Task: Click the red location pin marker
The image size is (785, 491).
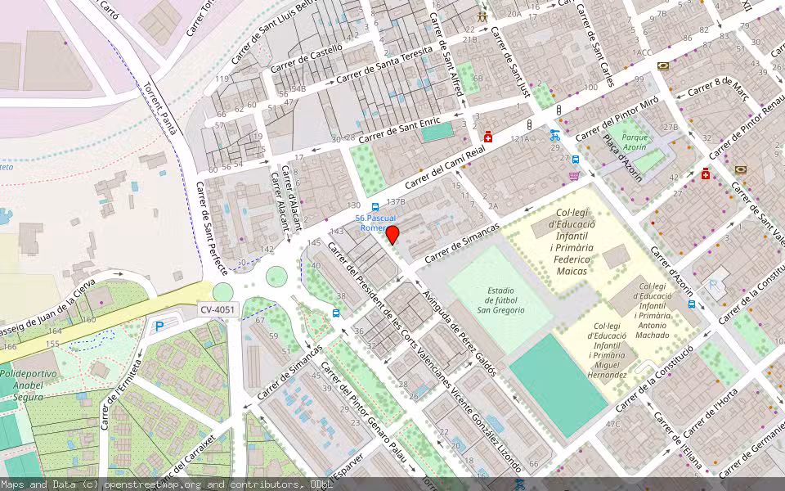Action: tap(392, 235)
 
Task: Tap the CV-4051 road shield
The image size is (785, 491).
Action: tap(218, 309)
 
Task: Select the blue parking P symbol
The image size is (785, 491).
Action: tap(159, 327)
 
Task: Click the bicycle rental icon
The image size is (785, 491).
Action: tap(555, 136)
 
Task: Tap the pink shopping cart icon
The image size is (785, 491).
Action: tap(574, 175)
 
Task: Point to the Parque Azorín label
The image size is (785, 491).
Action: tap(635, 142)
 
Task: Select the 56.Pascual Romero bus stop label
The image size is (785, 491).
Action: tap(376, 223)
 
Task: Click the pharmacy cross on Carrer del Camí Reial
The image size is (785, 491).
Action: tap(488, 136)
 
